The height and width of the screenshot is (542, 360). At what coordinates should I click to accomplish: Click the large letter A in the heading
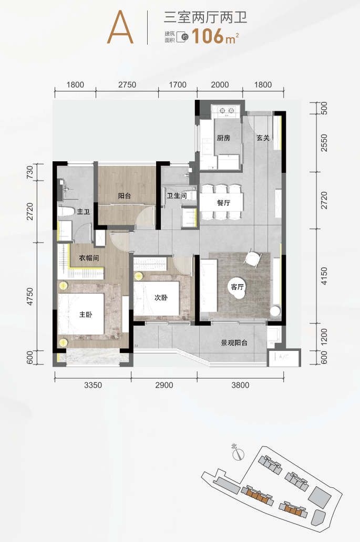click(x=120, y=27)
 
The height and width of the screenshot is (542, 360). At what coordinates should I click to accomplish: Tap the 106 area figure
click(x=208, y=36)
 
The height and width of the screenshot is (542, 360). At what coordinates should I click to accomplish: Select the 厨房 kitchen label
click(x=223, y=138)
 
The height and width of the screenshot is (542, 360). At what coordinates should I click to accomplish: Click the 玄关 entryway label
click(x=263, y=138)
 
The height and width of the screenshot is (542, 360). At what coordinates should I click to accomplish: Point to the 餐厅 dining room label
click(x=224, y=203)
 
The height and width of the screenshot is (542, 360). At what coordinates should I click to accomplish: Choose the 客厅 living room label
click(x=237, y=287)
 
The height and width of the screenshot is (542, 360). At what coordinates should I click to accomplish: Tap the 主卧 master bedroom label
click(x=86, y=315)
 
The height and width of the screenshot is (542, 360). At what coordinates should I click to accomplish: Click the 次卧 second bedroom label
click(x=161, y=297)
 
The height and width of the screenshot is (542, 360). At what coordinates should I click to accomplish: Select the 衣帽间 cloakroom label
click(x=89, y=258)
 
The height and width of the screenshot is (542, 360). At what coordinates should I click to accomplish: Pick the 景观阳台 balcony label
click(x=234, y=343)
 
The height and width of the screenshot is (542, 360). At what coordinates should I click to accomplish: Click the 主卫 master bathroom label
click(x=84, y=211)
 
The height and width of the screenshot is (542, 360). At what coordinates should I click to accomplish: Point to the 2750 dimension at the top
click(x=127, y=85)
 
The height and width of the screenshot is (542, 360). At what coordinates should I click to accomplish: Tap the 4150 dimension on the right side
click(x=324, y=276)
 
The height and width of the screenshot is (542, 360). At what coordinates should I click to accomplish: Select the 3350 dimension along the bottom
click(x=93, y=385)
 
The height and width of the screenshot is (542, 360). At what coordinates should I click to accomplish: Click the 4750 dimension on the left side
click(x=30, y=296)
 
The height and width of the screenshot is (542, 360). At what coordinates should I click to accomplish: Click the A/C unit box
click(x=284, y=358)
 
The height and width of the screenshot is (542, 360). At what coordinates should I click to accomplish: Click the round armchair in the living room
click(x=253, y=258)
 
